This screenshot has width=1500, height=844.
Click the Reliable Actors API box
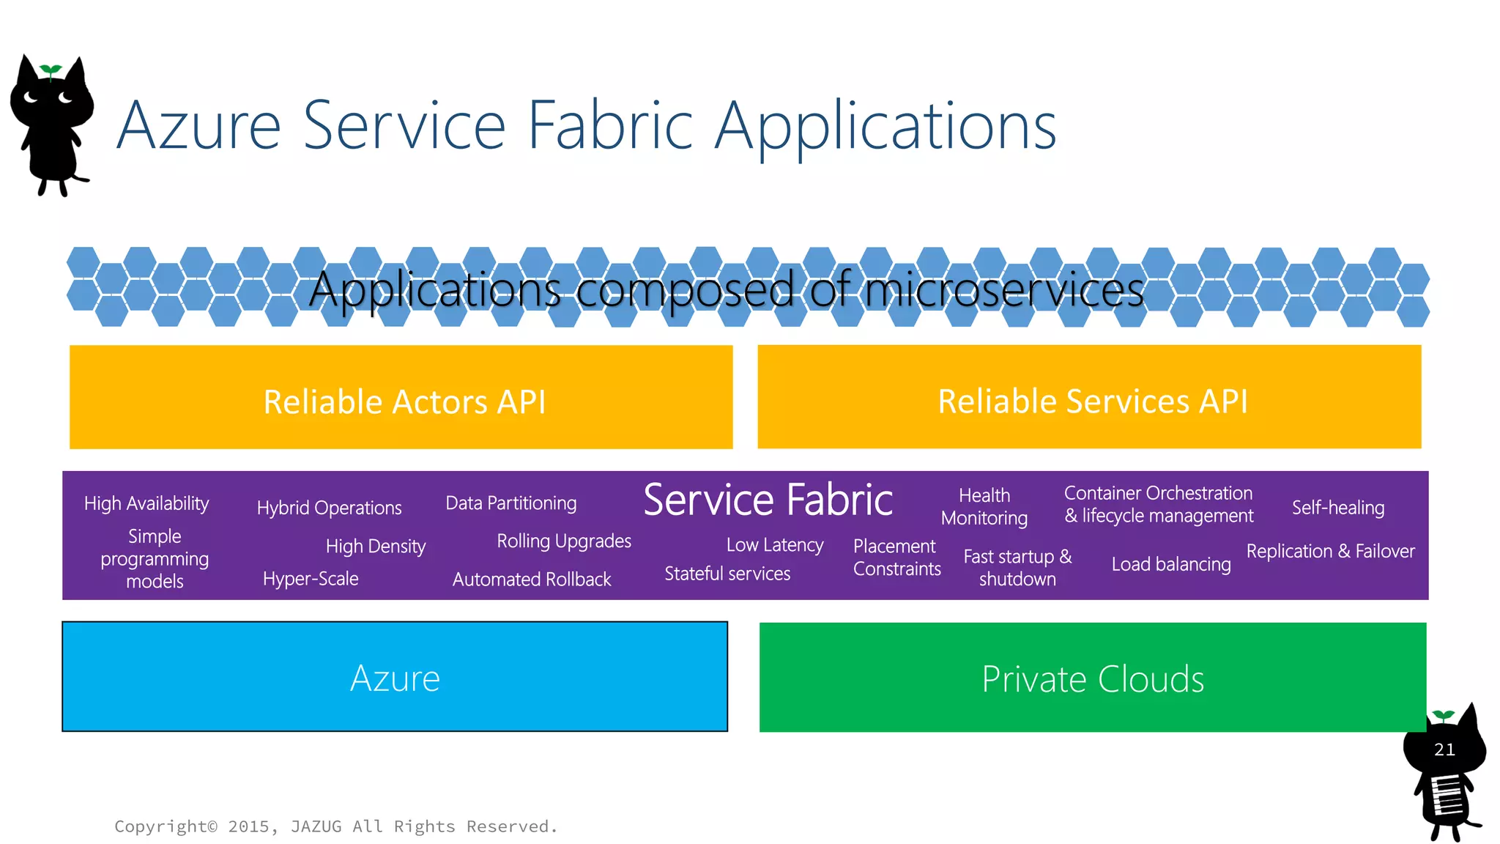click(401, 397)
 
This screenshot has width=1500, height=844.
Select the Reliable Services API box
click(1089, 397)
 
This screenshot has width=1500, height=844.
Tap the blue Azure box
click(395, 677)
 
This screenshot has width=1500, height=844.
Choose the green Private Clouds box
click(1092, 678)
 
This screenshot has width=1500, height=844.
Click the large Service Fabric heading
click(768, 500)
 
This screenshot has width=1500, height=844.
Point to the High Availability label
click(146, 503)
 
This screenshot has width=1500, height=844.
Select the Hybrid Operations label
click(329, 508)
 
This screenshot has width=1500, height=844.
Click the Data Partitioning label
click(510, 503)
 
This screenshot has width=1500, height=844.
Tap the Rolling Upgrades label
click(563, 541)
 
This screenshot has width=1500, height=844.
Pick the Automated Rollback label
click(531, 580)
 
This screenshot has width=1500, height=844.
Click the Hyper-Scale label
click(311, 579)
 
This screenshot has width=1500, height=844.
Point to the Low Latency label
click(774, 545)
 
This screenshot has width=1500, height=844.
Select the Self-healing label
click(1337, 508)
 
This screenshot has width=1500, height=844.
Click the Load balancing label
click(1170, 564)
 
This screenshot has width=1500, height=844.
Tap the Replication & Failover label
click(1330, 551)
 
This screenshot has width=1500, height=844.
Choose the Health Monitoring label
click(984, 506)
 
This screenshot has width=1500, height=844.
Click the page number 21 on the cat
click(1444, 749)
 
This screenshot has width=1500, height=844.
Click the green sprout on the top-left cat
click(51, 70)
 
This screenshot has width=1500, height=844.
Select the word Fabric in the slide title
click(609, 125)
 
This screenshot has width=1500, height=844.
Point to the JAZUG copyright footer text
click(335, 826)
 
